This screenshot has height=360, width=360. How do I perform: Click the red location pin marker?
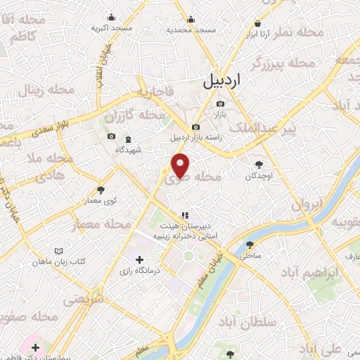181,166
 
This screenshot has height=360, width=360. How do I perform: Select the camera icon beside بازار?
220,104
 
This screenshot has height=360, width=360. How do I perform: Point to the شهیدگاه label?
128,150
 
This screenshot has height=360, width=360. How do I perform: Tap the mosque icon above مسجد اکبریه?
111,18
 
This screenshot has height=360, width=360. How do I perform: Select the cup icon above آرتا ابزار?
257,22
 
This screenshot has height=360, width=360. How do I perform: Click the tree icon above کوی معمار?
101,190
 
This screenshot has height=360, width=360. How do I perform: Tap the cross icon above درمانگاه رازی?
139,260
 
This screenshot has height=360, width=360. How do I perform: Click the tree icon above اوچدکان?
258,165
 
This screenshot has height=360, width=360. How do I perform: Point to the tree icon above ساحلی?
250,245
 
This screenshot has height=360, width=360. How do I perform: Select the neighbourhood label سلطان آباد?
252,323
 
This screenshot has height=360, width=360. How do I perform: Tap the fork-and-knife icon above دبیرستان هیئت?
184,214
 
